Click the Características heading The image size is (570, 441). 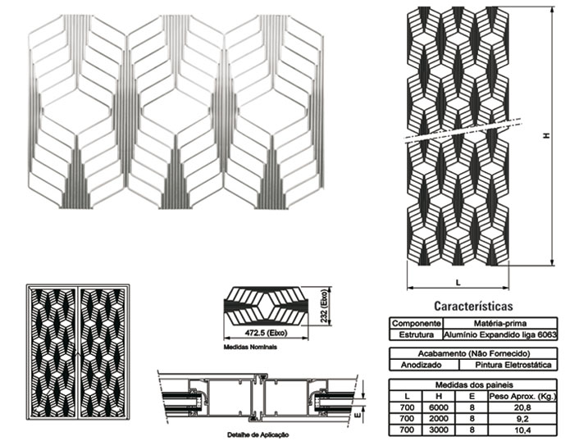pyautogui.click(x=473, y=307)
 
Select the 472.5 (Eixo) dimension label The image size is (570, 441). pyautogui.click(x=266, y=333)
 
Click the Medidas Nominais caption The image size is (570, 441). pyautogui.click(x=250, y=348)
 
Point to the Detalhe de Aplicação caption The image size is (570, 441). pyautogui.click(x=258, y=434)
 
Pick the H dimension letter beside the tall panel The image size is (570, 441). pyautogui.click(x=546, y=135)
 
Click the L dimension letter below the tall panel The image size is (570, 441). pyautogui.click(x=458, y=282)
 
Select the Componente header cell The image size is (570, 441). pyautogui.click(x=417, y=323)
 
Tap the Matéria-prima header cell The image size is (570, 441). pyautogui.click(x=500, y=323)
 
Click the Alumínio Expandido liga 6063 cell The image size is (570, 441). pyautogui.click(x=500, y=334)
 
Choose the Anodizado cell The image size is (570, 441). pyautogui.click(x=422, y=365)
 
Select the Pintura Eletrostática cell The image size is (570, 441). pyautogui.click(x=513, y=365)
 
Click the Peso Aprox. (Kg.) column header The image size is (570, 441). pyautogui.click(x=522, y=397)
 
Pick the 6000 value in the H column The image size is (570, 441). pyautogui.click(x=439, y=407)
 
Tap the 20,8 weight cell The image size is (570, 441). pyautogui.click(x=522, y=407)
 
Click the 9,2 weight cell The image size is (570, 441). pyautogui.click(x=522, y=419)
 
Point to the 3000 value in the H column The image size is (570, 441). pyautogui.click(x=439, y=430)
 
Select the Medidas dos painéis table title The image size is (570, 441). pyautogui.click(x=474, y=385)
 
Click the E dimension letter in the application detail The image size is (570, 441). pyautogui.click(x=358, y=414)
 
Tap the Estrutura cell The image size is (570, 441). pyautogui.click(x=417, y=334)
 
